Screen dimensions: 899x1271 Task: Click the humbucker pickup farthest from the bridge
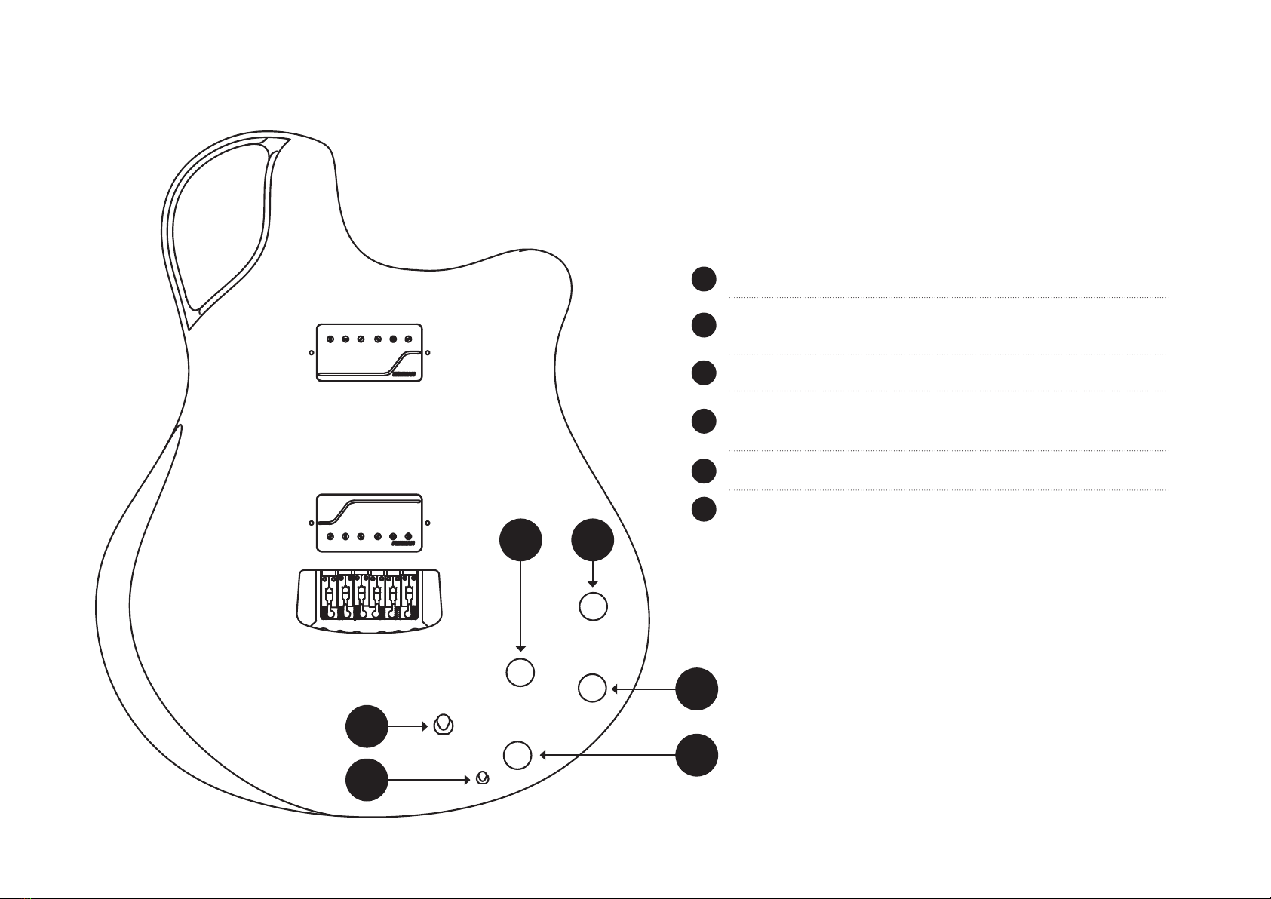click(369, 353)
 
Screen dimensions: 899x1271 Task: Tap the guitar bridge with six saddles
click(369, 598)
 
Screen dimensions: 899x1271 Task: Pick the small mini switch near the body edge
click(484, 778)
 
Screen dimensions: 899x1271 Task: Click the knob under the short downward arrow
click(593, 606)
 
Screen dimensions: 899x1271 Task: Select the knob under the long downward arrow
click(520, 672)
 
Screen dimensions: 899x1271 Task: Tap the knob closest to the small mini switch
click(517, 755)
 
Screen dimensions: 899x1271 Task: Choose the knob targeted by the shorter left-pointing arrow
click(592, 689)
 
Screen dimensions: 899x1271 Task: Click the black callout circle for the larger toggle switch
click(367, 727)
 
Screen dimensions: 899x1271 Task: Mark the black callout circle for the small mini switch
click(367, 780)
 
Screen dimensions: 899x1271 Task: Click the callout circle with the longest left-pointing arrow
click(696, 754)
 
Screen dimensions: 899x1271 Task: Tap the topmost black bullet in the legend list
click(704, 278)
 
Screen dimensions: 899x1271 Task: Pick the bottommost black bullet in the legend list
click(704, 509)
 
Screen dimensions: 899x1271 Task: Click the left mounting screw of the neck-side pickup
click(312, 353)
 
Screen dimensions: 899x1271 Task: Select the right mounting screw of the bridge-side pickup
click(428, 523)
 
